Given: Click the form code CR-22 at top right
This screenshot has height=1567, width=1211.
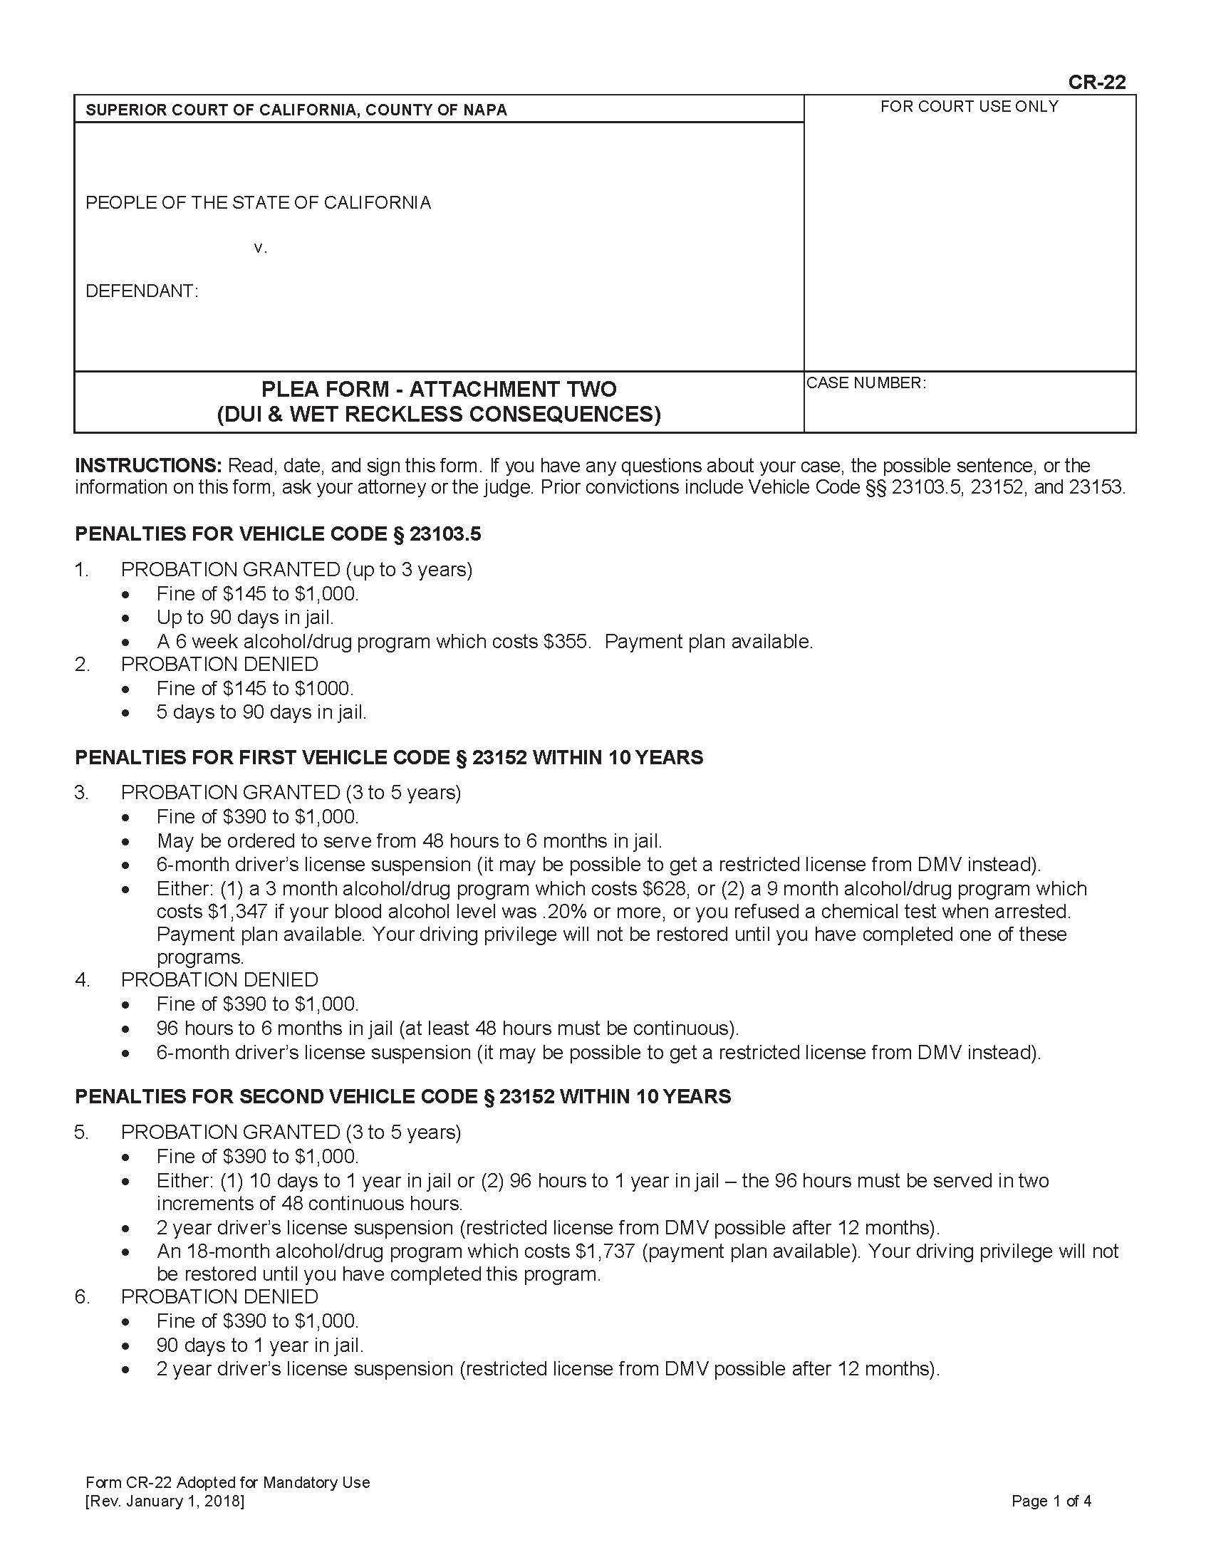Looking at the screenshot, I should (1096, 82).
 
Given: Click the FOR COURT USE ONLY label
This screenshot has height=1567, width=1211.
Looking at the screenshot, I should (969, 106).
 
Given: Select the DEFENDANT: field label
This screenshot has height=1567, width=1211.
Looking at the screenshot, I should (141, 291).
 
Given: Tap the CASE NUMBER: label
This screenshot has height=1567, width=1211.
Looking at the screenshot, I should (866, 382).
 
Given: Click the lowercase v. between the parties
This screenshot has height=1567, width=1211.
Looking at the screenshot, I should (260, 248).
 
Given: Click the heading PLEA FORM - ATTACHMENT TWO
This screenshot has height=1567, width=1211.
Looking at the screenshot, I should (438, 389).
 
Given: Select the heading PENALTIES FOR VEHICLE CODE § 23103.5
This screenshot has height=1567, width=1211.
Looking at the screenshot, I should (278, 533).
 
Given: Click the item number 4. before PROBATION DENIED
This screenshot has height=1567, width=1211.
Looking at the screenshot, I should (82, 979).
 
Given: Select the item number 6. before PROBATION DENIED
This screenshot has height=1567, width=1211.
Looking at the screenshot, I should (82, 1296).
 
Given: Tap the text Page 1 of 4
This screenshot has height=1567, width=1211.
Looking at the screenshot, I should (1051, 1501).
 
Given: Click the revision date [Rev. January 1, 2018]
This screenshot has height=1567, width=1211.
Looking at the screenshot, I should (165, 1501).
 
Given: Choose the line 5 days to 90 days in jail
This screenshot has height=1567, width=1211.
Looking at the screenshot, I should (261, 712).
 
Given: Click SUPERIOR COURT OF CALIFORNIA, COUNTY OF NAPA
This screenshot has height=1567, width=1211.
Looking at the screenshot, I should (296, 110).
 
